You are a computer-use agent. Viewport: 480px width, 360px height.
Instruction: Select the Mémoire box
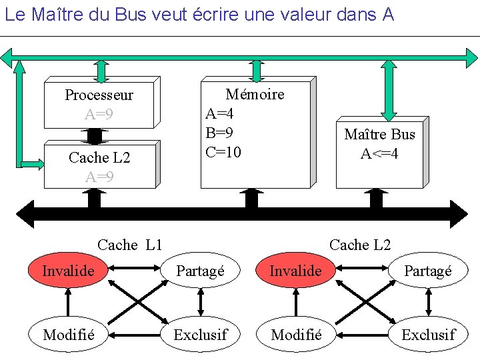(255, 133)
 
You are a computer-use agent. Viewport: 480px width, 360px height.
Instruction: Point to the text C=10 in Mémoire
(223, 153)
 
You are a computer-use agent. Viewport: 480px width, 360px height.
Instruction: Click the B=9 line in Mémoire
(219, 133)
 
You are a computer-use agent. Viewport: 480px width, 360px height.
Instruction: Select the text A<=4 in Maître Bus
(379, 154)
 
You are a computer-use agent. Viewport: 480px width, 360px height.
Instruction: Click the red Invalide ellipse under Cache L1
(68, 271)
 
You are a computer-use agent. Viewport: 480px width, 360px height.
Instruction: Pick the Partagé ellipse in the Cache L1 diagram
(200, 271)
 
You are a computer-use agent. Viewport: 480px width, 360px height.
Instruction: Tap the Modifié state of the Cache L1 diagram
(68, 335)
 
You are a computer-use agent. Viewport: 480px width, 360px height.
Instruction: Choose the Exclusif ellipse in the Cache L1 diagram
(200, 335)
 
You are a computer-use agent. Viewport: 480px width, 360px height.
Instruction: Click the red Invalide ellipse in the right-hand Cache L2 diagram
(295, 271)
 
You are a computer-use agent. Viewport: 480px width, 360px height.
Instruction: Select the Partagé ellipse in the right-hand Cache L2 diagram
(428, 271)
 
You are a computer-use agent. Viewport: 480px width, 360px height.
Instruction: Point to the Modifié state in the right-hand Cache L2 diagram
(295, 335)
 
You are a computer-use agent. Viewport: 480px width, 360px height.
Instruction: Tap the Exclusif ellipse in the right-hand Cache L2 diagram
(428, 335)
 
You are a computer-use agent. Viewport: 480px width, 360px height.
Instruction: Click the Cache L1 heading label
(129, 245)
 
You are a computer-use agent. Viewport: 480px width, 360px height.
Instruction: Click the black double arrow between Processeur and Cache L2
(95, 135)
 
